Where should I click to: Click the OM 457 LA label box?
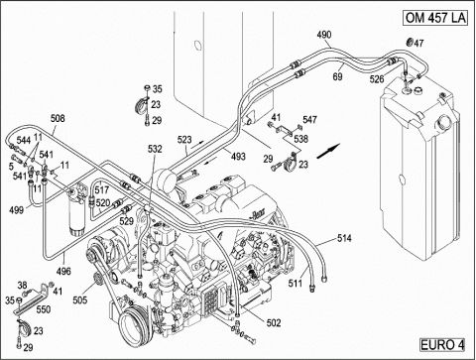pyautogui.click(x=435, y=18)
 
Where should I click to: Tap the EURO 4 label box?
pyautogui.click(x=442, y=345)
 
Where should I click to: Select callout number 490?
pyautogui.click(x=324, y=35)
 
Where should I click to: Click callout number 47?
pyautogui.click(x=418, y=44)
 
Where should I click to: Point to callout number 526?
pyautogui.click(x=377, y=79)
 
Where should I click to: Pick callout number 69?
pyautogui.click(x=337, y=76)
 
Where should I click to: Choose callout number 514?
pyautogui.click(x=344, y=238)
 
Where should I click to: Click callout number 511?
pyautogui.click(x=296, y=283)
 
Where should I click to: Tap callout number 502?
pyautogui.click(x=274, y=322)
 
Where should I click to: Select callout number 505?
pyautogui.click(x=80, y=300)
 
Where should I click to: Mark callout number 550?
pyautogui.click(x=44, y=309)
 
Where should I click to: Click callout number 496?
pyautogui.click(x=63, y=271)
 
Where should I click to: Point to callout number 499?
pyautogui.click(x=16, y=209)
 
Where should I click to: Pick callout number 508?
pyautogui.click(x=58, y=118)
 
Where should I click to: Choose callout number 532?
pyautogui.click(x=155, y=149)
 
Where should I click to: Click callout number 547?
pyautogui.click(x=309, y=120)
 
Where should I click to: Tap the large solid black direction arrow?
pyautogui.click(x=328, y=151)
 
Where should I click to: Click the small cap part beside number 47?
pyautogui.click(x=410, y=43)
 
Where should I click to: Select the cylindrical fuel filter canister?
pyautogui.click(x=77, y=211)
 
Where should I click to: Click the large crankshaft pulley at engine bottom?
pyautogui.click(x=133, y=326)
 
